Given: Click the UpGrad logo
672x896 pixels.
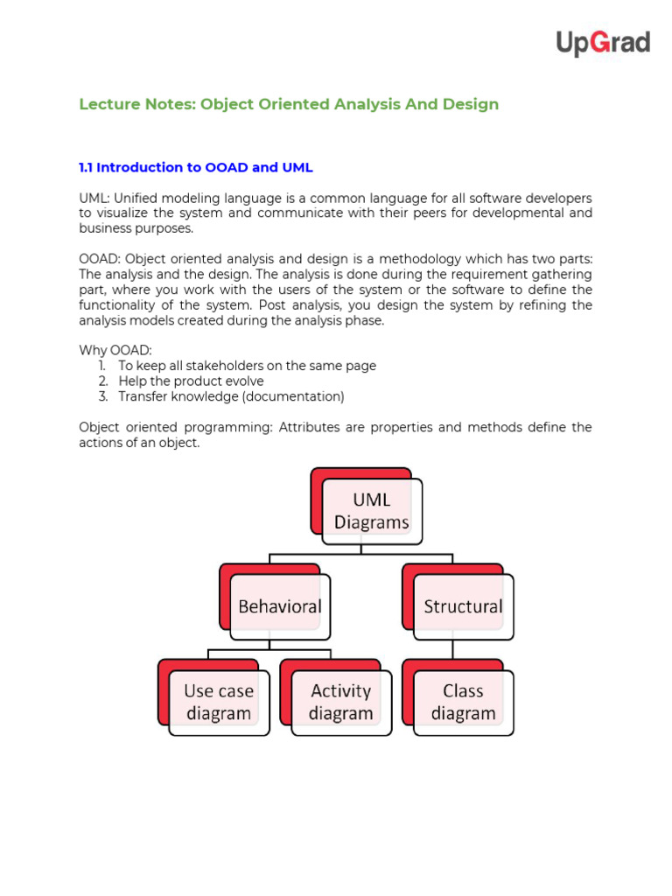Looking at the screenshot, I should click(x=603, y=43).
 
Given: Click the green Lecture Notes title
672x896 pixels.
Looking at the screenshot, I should click(x=289, y=104).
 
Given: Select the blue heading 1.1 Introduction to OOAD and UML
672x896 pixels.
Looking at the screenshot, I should click(x=196, y=167).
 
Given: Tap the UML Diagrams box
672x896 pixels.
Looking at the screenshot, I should click(x=371, y=511).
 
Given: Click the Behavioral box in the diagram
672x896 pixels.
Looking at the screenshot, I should click(x=280, y=606).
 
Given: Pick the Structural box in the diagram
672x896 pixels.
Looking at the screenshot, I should click(x=463, y=606).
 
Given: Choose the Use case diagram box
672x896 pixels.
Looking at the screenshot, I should click(x=219, y=702).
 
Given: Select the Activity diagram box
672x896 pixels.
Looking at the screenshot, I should click(x=340, y=702).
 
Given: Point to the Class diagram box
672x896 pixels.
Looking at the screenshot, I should click(x=463, y=702).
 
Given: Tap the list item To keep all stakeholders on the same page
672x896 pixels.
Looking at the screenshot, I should click(x=247, y=366).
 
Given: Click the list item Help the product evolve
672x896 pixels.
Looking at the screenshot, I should click(x=191, y=381).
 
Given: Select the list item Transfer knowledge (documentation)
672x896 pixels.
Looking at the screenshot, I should click(x=231, y=396).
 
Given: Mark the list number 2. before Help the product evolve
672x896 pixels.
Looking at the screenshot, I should click(x=102, y=381).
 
